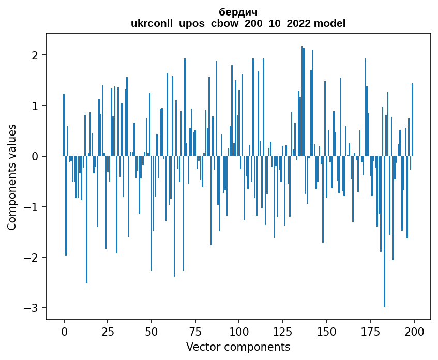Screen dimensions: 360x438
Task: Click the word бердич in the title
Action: (x=238, y=12)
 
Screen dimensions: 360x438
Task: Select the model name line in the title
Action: (x=238, y=23)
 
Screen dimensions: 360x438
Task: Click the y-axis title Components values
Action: (x=12, y=177)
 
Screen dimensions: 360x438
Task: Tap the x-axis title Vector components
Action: (x=238, y=347)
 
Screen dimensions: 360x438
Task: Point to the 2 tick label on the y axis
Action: (x=35, y=55)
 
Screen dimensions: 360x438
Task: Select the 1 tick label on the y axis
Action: (x=35, y=106)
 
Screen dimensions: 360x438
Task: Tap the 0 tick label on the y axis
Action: (x=35, y=156)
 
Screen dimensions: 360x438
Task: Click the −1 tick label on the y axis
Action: (x=32, y=207)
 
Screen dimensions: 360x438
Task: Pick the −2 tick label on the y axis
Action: (x=32, y=258)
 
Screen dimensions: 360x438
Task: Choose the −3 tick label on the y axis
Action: (x=32, y=308)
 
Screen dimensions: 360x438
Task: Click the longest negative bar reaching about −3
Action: (x=384, y=259)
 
